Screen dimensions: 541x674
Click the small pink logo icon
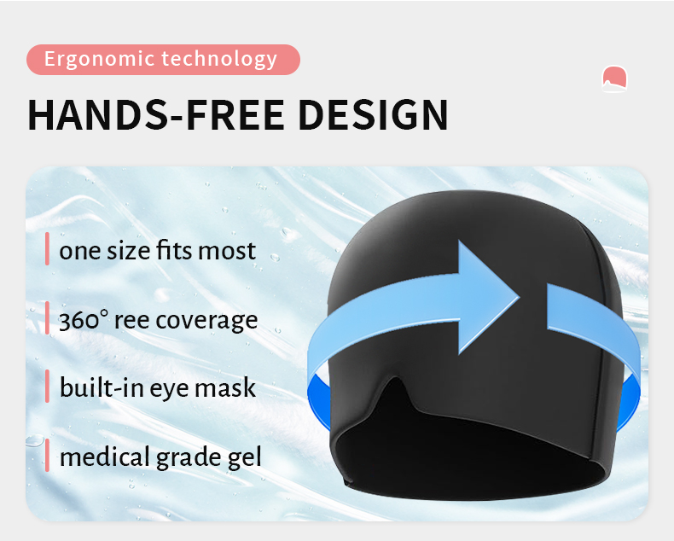pos(614,78)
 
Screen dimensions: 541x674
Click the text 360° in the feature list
pos(84,320)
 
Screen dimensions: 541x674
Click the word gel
pos(244,458)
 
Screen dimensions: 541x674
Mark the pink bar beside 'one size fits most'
pos(48,249)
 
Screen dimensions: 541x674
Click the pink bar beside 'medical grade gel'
pos(48,456)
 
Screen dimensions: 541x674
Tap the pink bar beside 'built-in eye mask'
pos(48,387)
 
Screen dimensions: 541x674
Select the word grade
pos(189,458)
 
